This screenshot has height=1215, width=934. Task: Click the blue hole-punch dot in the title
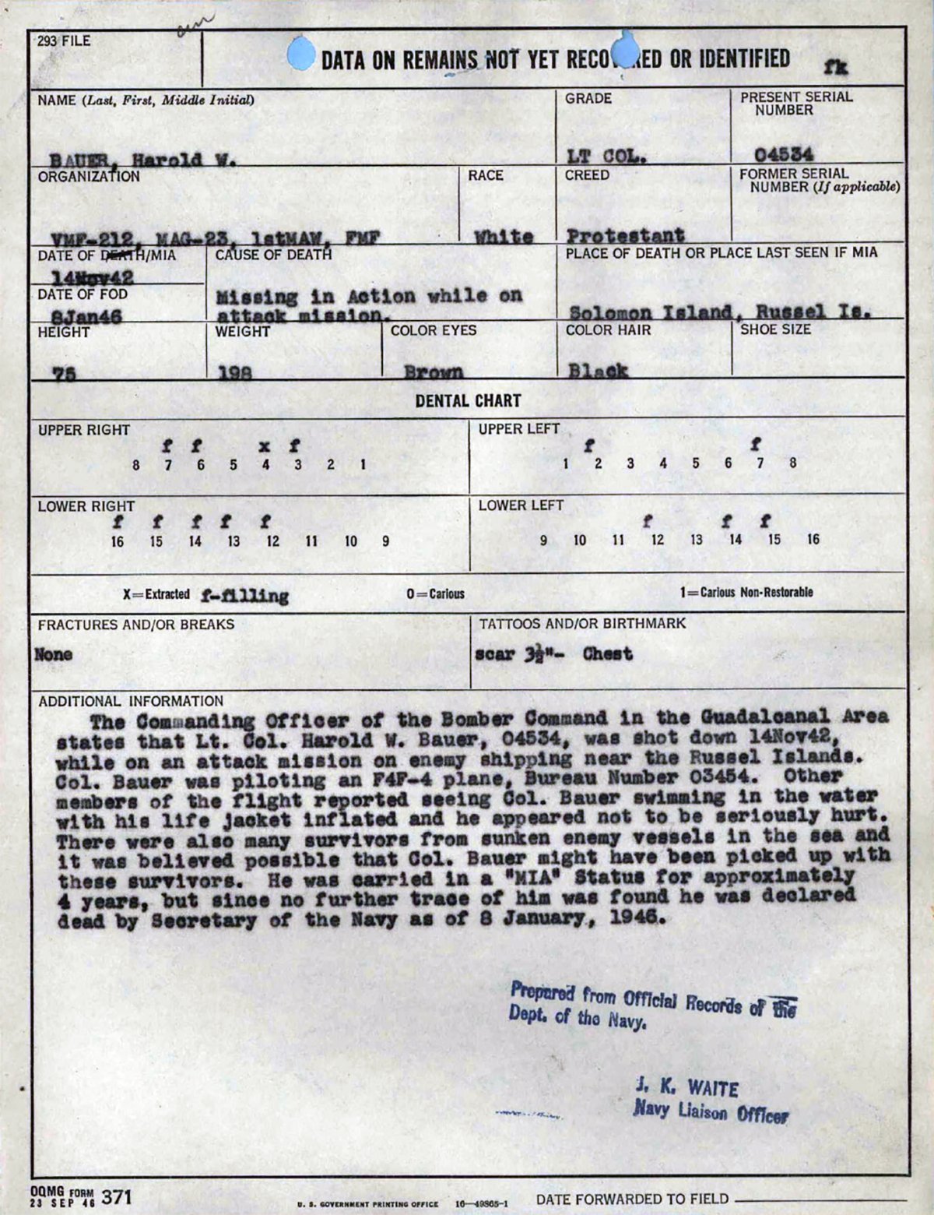[301, 55]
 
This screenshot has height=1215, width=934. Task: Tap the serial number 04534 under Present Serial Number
[784, 154]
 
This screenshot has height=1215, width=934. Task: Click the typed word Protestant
[625, 235]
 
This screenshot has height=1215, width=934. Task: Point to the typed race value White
[504, 237]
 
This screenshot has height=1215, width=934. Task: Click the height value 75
[64, 373]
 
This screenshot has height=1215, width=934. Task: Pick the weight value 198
[234, 373]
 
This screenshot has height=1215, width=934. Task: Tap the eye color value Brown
[434, 372]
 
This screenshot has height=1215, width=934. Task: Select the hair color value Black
[597, 371]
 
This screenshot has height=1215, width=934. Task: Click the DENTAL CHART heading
[468, 401]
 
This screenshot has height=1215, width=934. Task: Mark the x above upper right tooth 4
[265, 446]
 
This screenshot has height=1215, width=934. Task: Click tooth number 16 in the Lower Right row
[117, 541]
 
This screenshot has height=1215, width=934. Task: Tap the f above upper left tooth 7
[756, 445]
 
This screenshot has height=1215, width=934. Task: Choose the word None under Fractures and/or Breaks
[54, 654]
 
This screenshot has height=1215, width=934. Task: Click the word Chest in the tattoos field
[607, 653]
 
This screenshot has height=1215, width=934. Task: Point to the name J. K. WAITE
[686, 1086]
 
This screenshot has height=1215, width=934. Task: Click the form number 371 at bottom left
[118, 1196]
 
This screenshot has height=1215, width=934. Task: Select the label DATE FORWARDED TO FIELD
[632, 1199]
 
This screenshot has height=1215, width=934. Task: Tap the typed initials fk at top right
[837, 68]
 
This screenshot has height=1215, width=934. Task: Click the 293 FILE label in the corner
[64, 40]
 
